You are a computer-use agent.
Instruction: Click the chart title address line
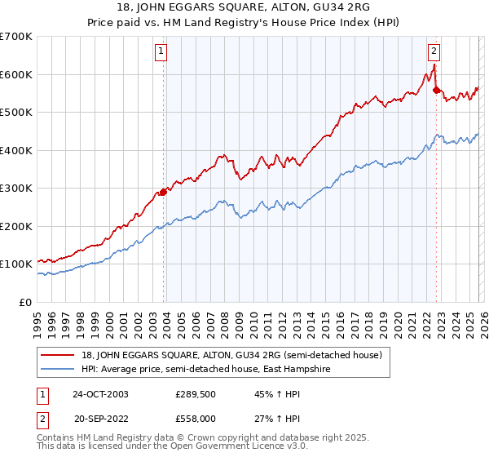(244, 7)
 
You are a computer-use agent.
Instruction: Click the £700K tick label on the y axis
(16, 37)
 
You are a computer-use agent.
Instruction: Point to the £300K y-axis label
(16, 189)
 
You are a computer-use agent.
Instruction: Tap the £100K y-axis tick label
(16, 264)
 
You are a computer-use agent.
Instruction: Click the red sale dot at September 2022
(436, 91)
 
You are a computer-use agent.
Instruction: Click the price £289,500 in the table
(194, 393)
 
